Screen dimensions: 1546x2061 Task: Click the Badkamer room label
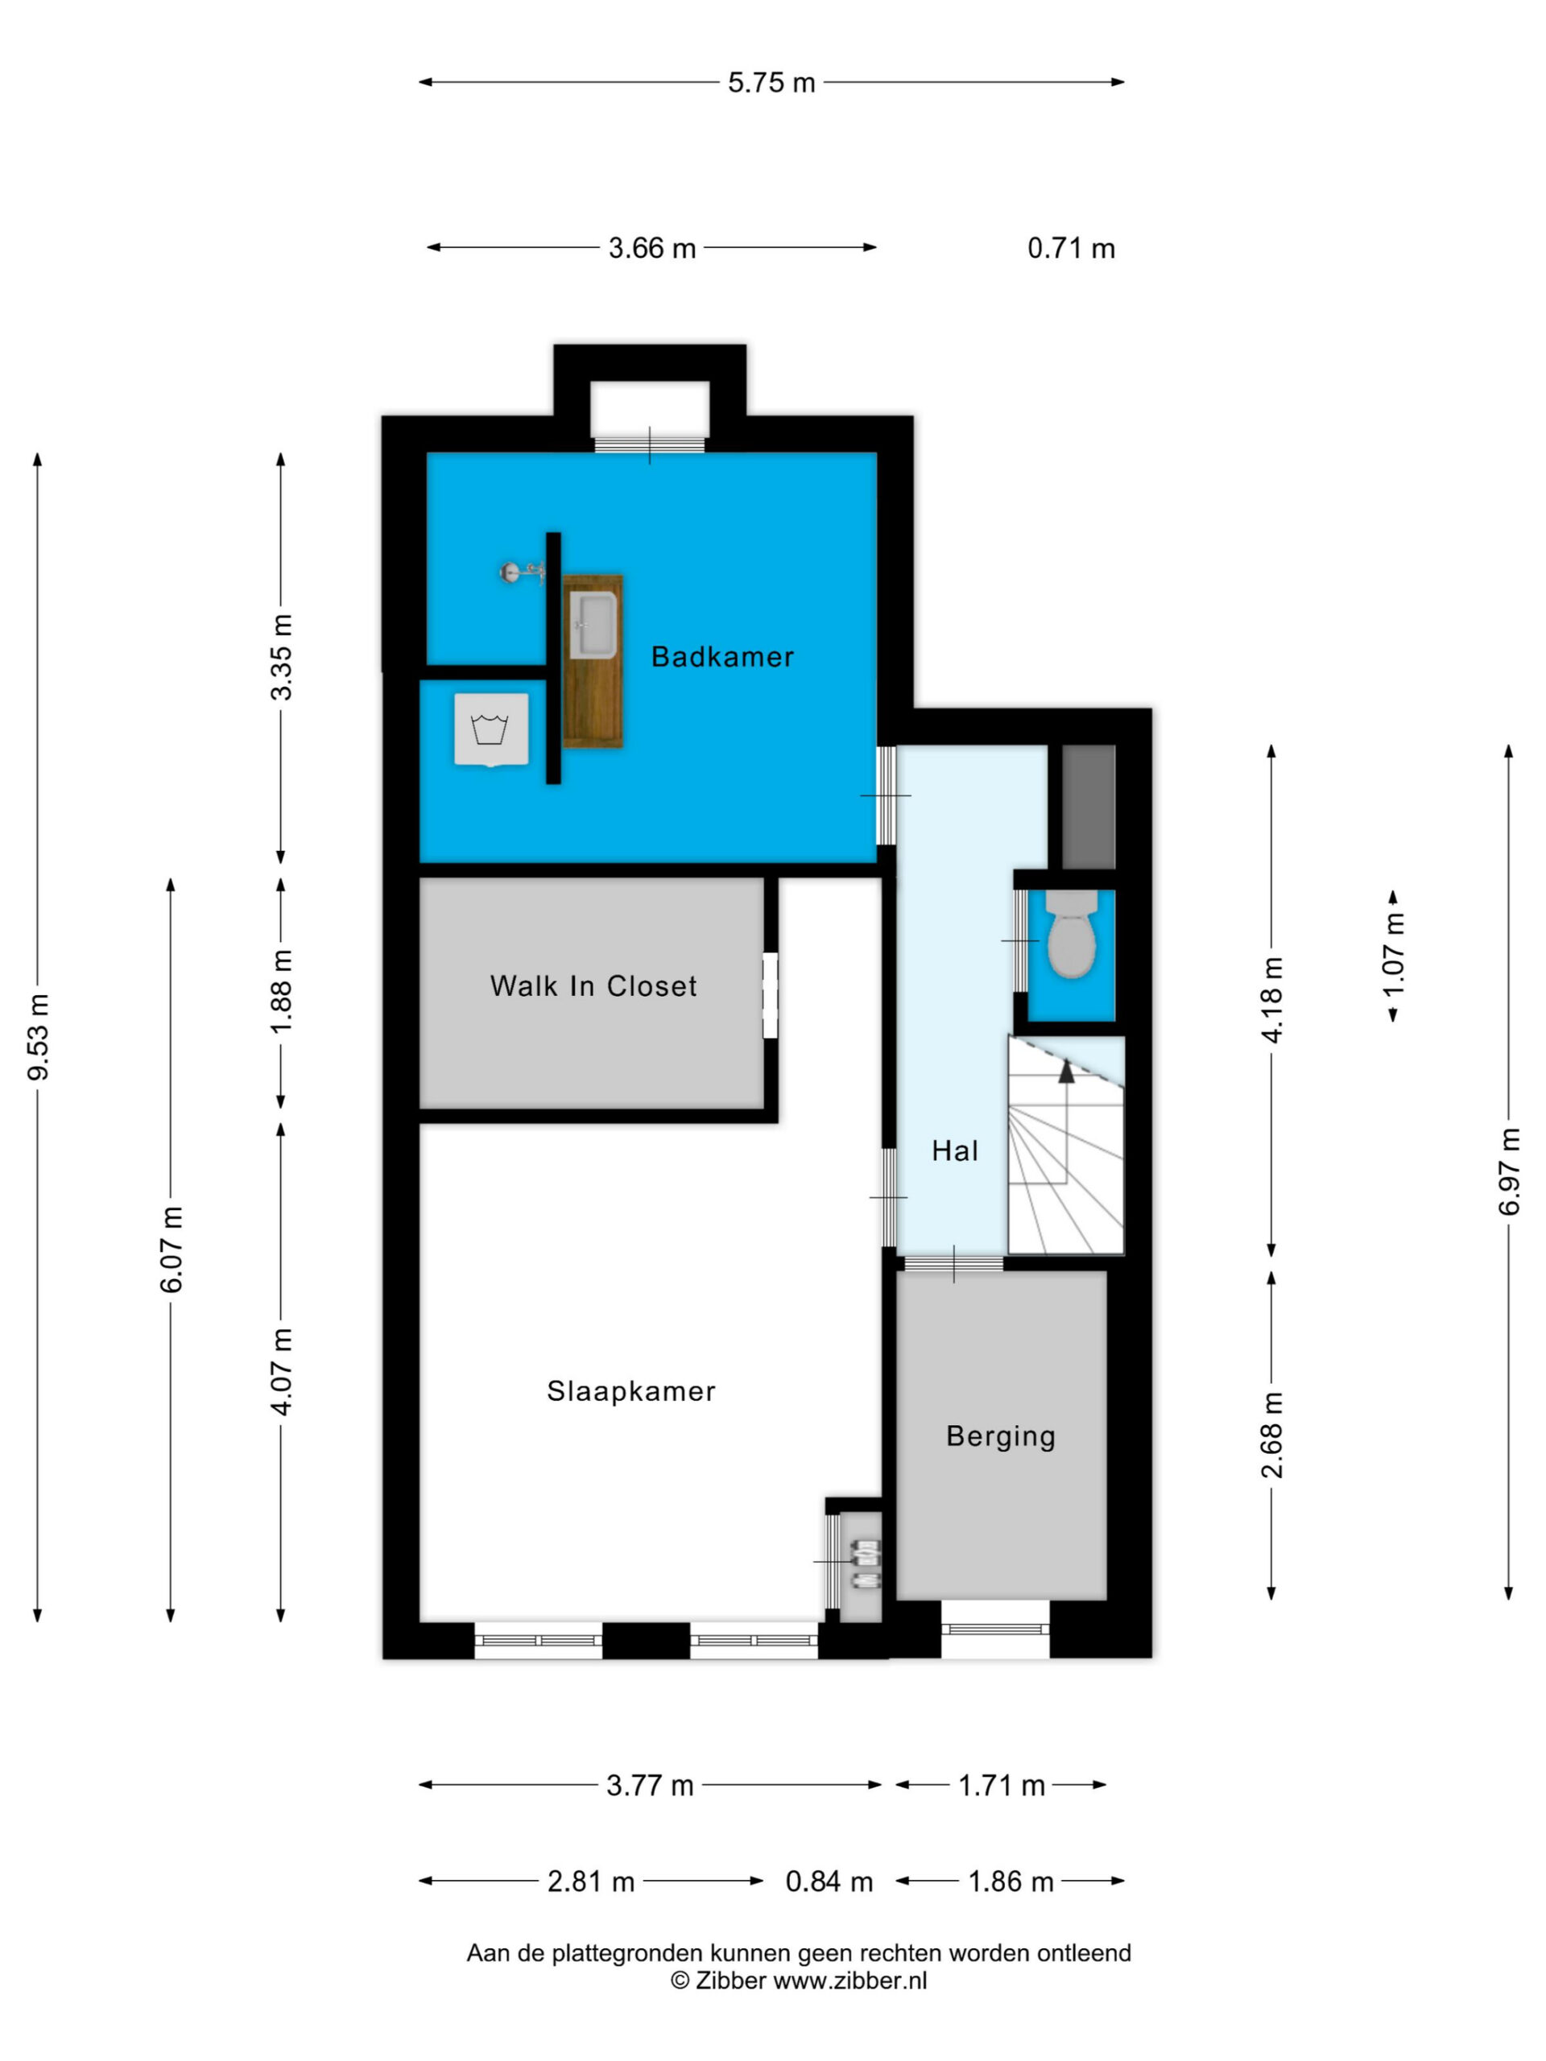point(722,657)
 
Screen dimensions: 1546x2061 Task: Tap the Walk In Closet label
point(593,985)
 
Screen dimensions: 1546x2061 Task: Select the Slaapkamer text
point(631,1391)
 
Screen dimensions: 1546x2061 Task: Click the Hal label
point(955,1150)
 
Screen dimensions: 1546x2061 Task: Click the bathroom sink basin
point(593,626)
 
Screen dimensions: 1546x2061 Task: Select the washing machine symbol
point(491,729)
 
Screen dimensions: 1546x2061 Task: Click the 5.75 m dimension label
point(771,83)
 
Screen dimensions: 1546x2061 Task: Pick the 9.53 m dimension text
point(38,1037)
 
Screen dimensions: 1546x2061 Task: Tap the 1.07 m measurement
point(1393,955)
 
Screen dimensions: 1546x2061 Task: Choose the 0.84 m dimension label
point(829,1882)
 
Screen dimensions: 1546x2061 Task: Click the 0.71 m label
point(1072,249)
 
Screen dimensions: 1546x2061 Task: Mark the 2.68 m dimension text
point(1272,1435)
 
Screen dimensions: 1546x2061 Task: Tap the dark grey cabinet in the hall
point(1089,807)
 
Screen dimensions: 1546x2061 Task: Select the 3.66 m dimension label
point(652,249)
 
